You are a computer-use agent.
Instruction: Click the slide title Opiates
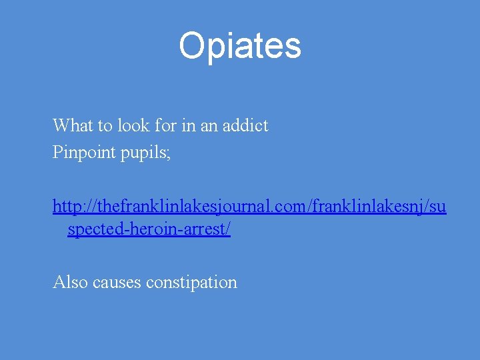(240, 46)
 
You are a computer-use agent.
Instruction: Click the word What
(71, 125)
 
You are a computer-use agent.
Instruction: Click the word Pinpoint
(84, 153)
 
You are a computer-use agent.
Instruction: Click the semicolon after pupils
(169, 154)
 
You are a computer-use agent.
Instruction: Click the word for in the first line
(167, 125)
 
